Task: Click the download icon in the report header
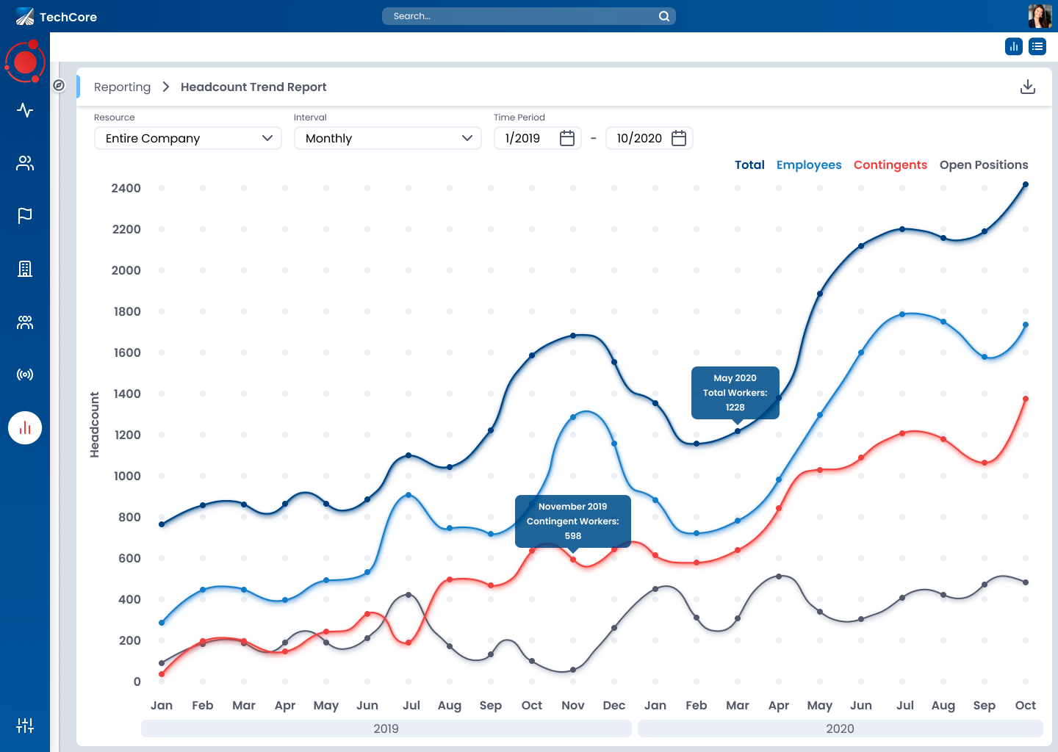(x=1028, y=87)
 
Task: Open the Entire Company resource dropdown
(x=188, y=138)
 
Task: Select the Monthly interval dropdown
(x=388, y=138)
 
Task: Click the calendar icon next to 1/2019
(x=567, y=138)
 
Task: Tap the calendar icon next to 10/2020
(x=679, y=138)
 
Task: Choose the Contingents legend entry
(x=890, y=164)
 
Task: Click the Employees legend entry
(x=809, y=164)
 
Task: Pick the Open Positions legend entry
(x=984, y=164)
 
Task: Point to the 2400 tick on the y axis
(x=126, y=188)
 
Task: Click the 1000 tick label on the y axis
(x=127, y=476)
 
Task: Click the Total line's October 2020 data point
(x=1026, y=185)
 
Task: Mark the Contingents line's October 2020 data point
(x=1026, y=399)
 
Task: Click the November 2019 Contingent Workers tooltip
(x=573, y=521)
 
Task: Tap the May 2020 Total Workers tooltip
(x=735, y=393)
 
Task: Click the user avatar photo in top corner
(x=1040, y=16)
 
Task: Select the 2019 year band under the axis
(x=386, y=728)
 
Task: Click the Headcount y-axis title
(x=94, y=424)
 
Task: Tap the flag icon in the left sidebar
(x=25, y=215)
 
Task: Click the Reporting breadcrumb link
(x=122, y=87)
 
